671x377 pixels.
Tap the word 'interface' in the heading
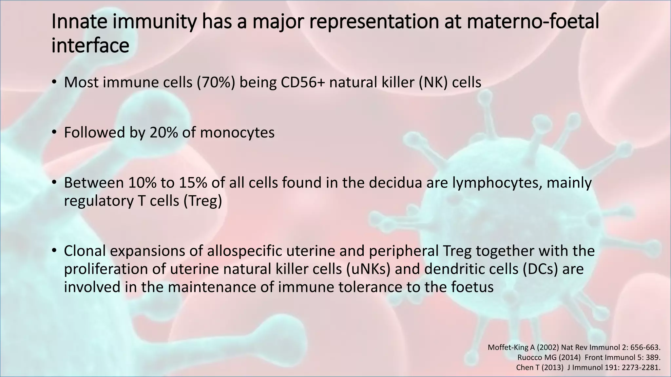tap(90, 45)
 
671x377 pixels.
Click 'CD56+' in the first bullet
tap(303, 82)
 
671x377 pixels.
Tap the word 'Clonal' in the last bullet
tap(85, 251)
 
